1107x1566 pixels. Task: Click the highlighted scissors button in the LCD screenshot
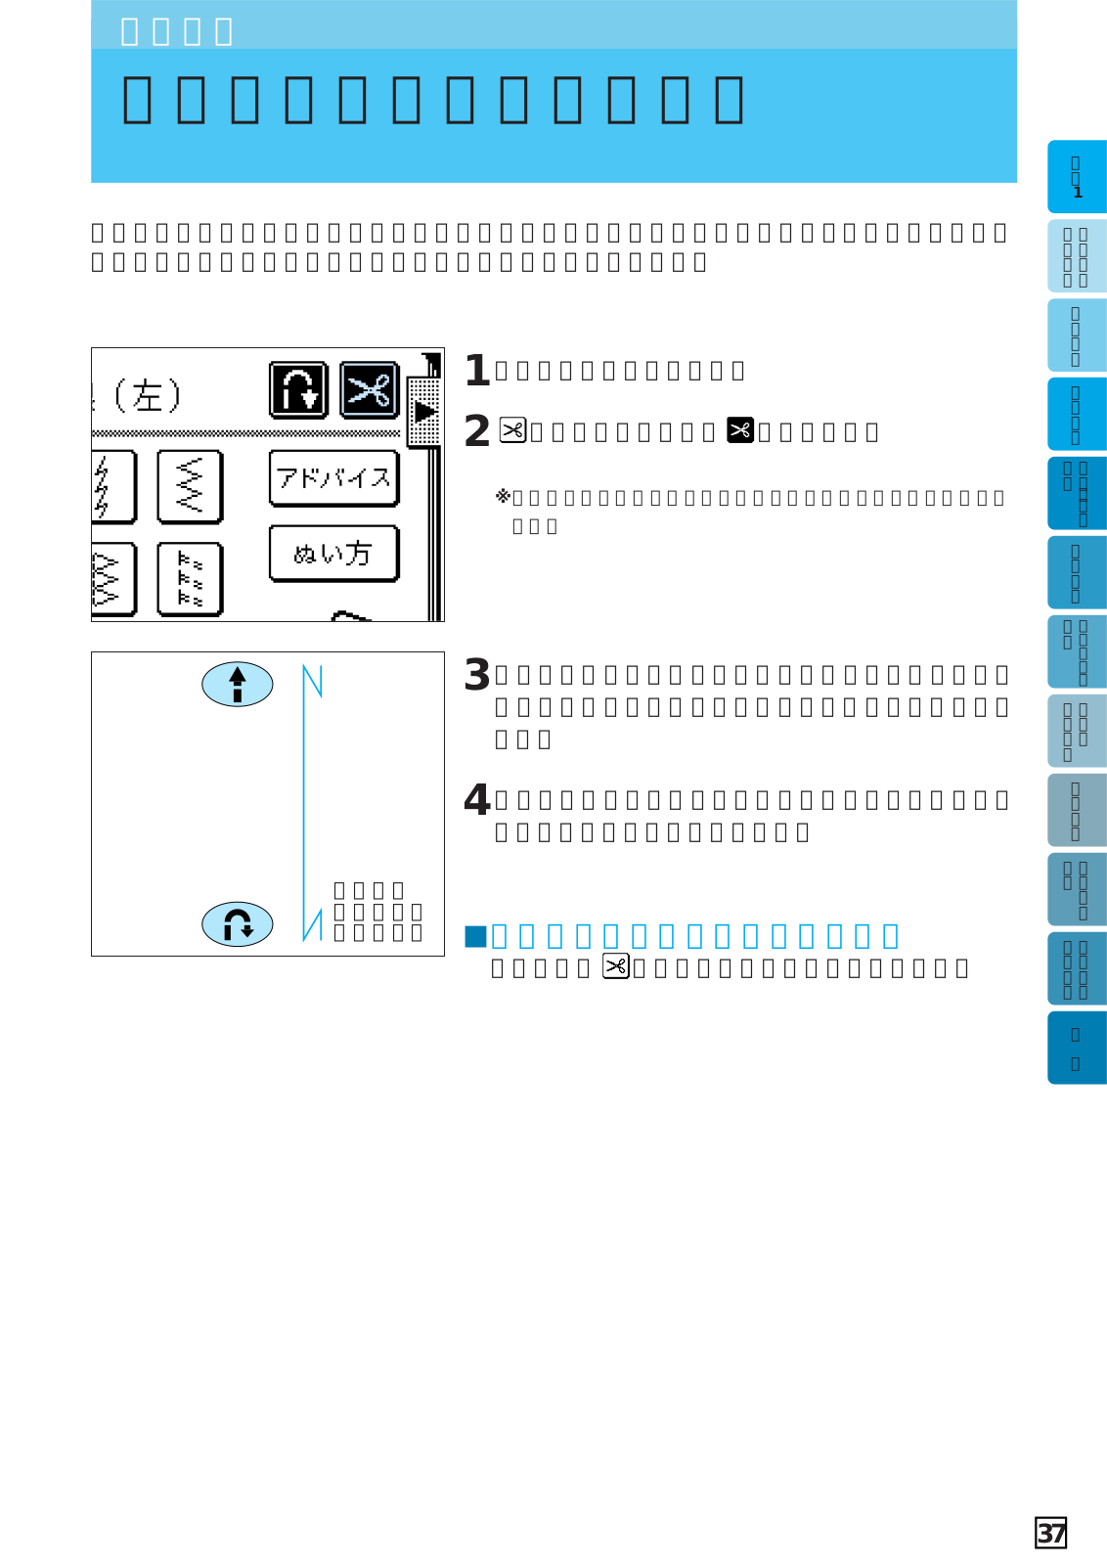(369, 390)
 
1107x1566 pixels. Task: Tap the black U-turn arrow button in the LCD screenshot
(298, 390)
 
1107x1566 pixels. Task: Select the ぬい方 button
(333, 554)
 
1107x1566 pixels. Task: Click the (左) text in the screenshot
(147, 396)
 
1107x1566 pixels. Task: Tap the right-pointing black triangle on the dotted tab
(425, 412)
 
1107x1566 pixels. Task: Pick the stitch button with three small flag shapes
(190, 579)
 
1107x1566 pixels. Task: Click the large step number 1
(476, 371)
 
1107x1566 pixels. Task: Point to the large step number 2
(476, 431)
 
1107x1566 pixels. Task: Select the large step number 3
(476, 675)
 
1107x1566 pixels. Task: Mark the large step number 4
(476, 800)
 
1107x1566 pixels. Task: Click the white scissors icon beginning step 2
(512, 430)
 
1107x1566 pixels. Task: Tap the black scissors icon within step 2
(740, 430)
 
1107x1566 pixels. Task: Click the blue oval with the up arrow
(237, 684)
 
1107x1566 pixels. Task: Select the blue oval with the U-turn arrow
(237, 924)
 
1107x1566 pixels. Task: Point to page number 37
(1050, 1533)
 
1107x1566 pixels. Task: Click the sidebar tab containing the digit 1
(1077, 177)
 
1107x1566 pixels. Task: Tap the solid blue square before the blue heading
(475, 937)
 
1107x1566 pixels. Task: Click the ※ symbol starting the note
(503, 497)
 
